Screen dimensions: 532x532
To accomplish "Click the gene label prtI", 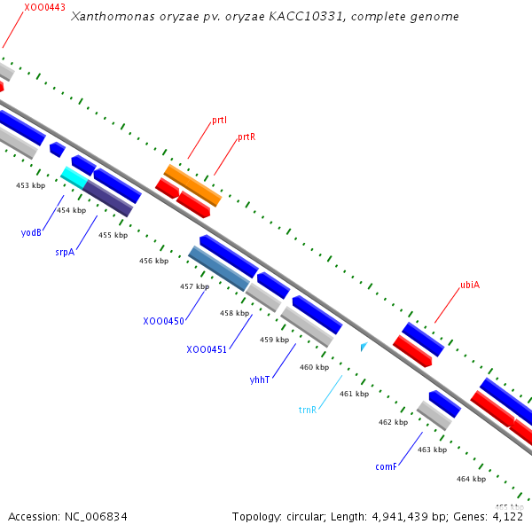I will pyautogui.click(x=219, y=120).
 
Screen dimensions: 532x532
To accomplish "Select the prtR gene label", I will pyautogui.click(x=246, y=137).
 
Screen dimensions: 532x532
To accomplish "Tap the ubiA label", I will pyautogui.click(x=470, y=286).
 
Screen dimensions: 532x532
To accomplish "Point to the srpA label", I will pyautogui.click(x=64, y=252).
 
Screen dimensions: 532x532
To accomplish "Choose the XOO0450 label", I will pyautogui.click(x=163, y=321).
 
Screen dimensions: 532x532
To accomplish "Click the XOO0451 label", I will pyautogui.click(x=207, y=349).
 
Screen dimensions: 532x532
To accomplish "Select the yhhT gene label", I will pyautogui.click(x=260, y=379).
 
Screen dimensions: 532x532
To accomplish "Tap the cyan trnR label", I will pyautogui.click(x=308, y=410).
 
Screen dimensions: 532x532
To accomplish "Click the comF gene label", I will pyautogui.click(x=385, y=466).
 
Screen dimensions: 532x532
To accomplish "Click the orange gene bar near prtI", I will pyautogui.click(x=192, y=184).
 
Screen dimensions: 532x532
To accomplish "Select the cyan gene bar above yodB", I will pyautogui.click(x=74, y=177).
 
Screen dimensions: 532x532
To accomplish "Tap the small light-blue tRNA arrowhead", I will pyautogui.click(x=363, y=346).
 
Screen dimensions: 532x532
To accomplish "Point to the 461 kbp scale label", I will pyautogui.click(x=354, y=394).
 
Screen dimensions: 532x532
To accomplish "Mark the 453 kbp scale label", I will pyautogui.click(x=30, y=185).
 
